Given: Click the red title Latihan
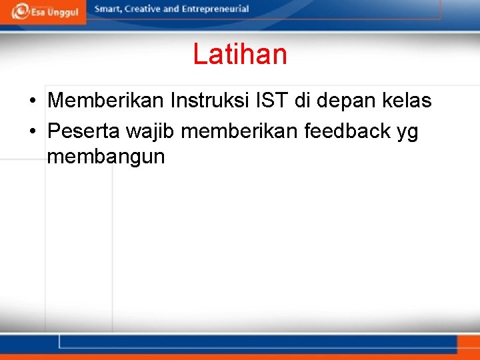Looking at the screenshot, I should pyautogui.click(x=240, y=54).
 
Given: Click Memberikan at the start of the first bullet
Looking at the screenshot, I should pyautogui.click(x=106, y=101).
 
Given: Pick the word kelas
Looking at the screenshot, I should pyautogui.click(x=407, y=101).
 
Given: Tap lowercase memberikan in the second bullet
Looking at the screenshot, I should pyautogui.click(x=240, y=131).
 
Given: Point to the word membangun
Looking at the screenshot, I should pyautogui.click(x=106, y=157).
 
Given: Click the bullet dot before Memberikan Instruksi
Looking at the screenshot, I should pyautogui.click(x=32, y=101).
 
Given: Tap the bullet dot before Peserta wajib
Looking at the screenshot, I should pyautogui.click(x=32, y=132).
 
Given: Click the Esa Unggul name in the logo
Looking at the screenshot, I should pyautogui.click(x=54, y=13).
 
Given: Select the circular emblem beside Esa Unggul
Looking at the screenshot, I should pyautogui.click(x=20, y=11).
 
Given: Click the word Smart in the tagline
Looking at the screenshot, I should pyautogui.click(x=108, y=9).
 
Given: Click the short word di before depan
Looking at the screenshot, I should pyautogui.click(x=303, y=101).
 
